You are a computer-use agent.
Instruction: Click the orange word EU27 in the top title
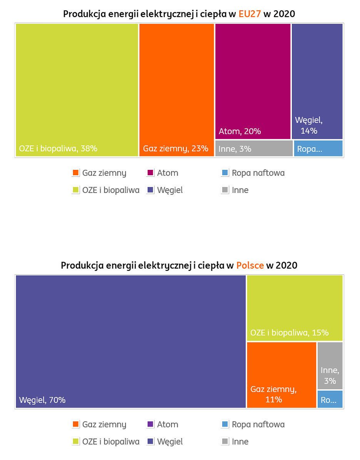[250, 14]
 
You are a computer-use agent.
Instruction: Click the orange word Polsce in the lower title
[250, 266]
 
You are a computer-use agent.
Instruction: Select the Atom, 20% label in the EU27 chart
[240, 131]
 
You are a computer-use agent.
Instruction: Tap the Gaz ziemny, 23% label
[175, 148]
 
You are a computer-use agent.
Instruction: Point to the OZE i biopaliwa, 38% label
[58, 148]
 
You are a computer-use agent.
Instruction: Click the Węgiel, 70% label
[42, 400]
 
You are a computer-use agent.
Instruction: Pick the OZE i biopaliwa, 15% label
[289, 333]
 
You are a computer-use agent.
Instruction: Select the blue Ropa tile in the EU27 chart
[318, 149]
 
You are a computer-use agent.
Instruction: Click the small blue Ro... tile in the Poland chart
[330, 400]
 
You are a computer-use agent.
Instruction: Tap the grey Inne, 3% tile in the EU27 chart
[254, 149]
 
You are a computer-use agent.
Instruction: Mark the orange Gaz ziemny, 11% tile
[281, 375]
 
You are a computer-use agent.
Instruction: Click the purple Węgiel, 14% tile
[317, 81]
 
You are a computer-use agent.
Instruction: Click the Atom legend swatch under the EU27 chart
[150, 173]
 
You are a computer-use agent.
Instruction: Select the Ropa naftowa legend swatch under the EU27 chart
[225, 173]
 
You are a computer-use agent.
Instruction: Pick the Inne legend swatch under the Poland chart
[225, 442]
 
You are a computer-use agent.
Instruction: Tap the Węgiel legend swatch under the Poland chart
[150, 442]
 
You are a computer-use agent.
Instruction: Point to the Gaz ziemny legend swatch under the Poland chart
[76, 425]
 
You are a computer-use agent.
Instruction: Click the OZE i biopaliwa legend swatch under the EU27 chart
[76, 190]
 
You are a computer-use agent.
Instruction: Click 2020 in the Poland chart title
[287, 266]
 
